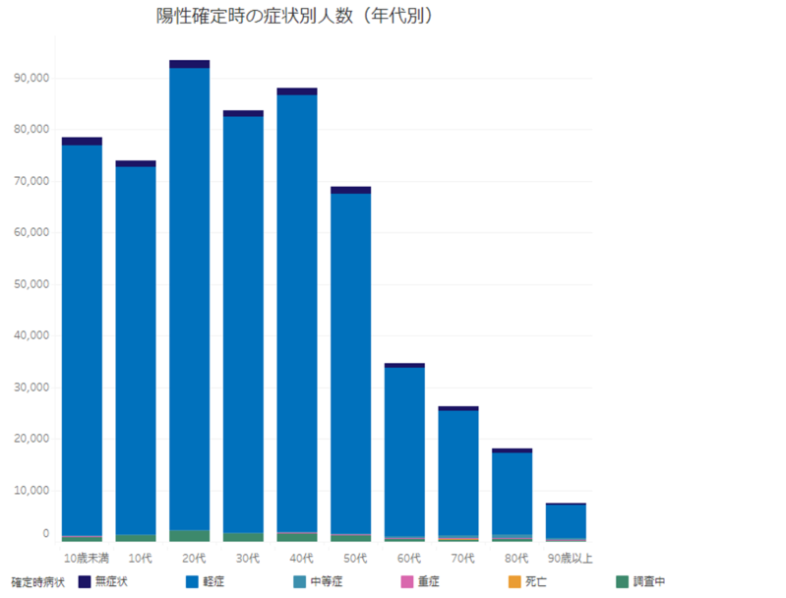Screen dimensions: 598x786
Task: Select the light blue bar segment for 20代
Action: (189, 295)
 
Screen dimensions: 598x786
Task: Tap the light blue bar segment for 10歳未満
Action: (82, 334)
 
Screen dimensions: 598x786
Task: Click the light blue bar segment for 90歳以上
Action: (566, 520)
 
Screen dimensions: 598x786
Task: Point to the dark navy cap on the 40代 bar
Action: (297, 91)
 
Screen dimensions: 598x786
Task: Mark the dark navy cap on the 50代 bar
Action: (350, 190)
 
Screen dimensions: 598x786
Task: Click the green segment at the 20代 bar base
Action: (189, 535)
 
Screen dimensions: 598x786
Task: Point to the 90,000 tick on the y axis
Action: (30, 79)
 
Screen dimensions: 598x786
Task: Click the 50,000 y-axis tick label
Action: (30, 284)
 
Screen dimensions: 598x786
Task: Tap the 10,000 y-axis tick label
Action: (30, 490)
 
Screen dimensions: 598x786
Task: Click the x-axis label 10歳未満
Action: (83, 559)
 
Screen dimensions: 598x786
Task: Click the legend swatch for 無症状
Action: (85, 581)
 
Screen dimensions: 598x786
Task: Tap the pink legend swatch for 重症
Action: (406, 581)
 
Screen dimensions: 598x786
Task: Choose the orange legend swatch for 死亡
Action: (514, 581)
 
